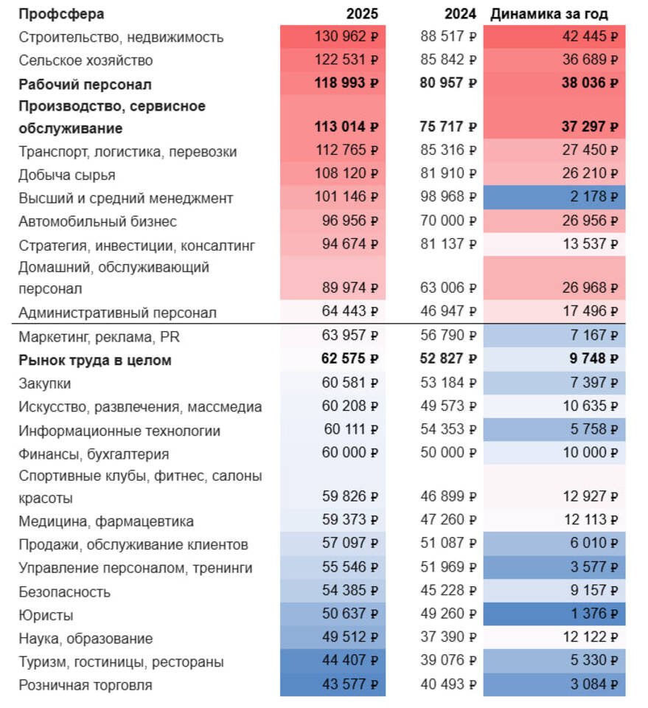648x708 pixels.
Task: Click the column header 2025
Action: [362, 14]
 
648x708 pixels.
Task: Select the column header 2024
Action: [460, 14]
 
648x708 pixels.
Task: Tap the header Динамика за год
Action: [549, 14]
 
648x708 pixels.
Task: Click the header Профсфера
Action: [61, 14]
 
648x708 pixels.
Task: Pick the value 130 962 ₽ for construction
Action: [346, 36]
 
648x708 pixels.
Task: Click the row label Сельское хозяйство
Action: [86, 60]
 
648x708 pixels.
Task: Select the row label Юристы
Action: [46, 615]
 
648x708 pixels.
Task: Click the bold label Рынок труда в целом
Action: [94, 361]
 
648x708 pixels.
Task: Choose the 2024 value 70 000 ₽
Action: [448, 221]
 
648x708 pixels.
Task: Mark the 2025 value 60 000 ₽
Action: [349, 453]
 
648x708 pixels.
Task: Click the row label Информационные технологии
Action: [119, 431]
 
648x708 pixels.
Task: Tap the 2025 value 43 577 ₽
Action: [349, 684]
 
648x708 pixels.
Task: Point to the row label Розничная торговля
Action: [86, 685]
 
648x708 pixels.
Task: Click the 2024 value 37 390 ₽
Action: [448, 638]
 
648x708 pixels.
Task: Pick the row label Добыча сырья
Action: [67, 175]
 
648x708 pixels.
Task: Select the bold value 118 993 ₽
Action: [346, 83]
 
